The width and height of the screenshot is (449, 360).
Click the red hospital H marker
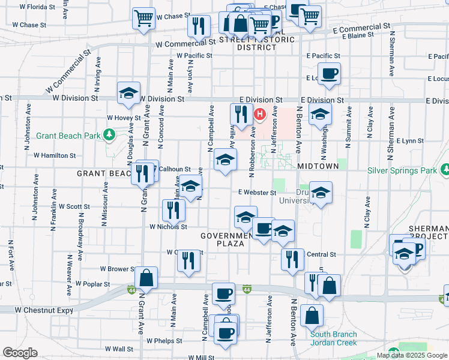[260, 113]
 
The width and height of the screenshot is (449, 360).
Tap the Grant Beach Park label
[68, 136]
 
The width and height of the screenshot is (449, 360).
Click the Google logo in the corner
[20, 353]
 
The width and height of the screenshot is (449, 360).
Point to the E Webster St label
[256, 193]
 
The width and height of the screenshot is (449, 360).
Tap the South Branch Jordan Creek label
[333, 338]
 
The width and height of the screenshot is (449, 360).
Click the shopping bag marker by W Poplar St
[146, 278]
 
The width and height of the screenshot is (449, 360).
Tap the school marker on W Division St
[128, 93]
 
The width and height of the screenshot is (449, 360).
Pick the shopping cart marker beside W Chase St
[143, 19]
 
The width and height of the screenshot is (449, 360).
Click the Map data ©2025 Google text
[412, 355]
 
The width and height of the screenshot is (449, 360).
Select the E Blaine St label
[358, 35]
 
